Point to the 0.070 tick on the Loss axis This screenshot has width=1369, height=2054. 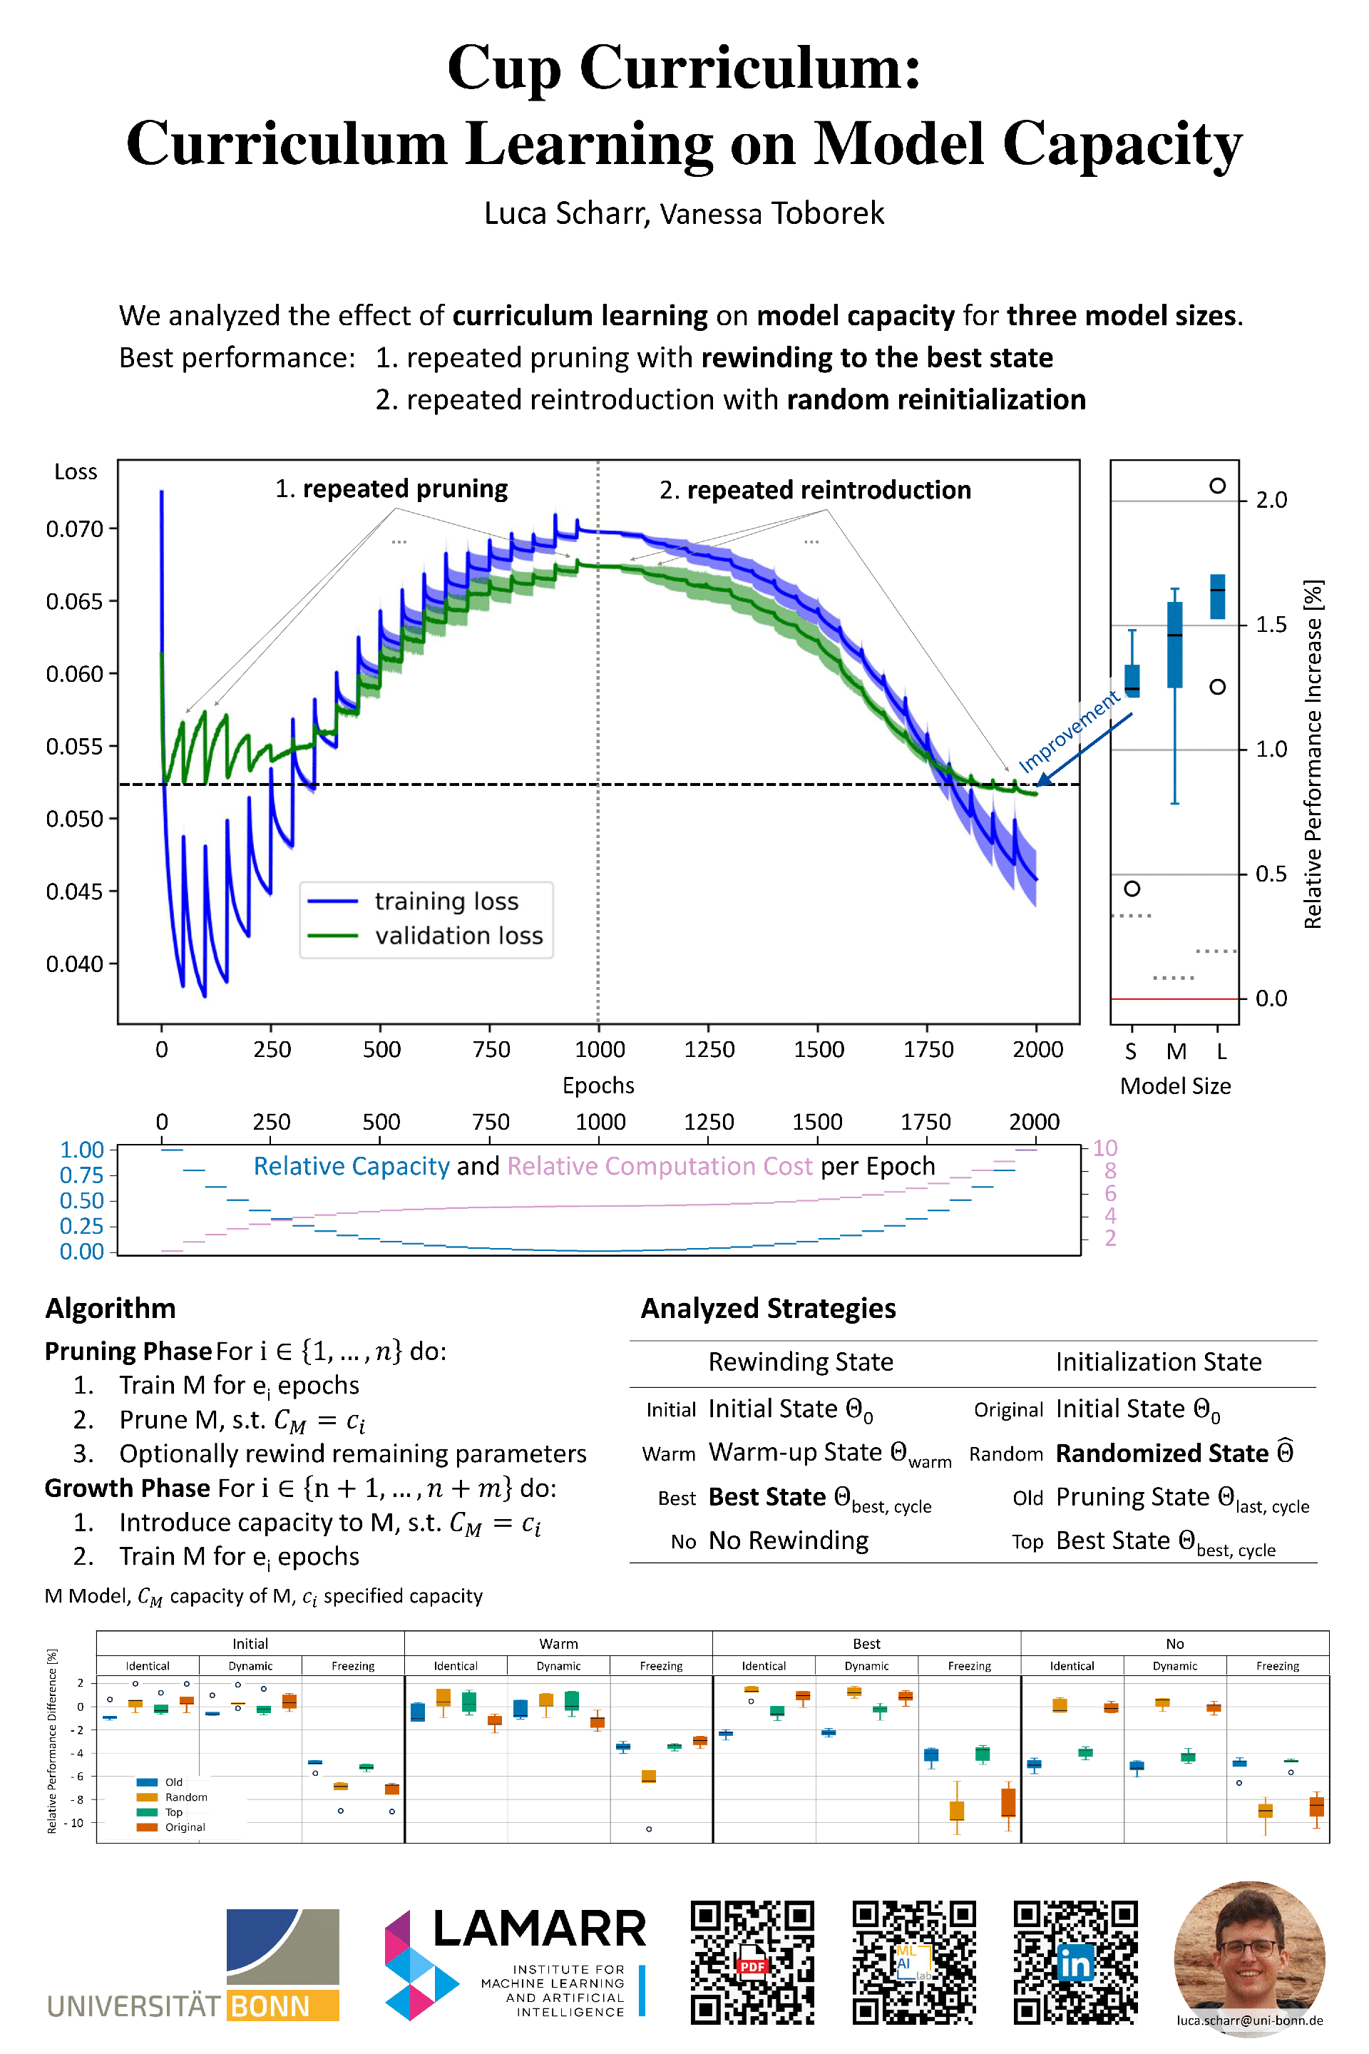pos(74,528)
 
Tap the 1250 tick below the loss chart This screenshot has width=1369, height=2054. pos(709,1049)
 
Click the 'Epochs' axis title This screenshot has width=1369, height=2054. pos(598,1085)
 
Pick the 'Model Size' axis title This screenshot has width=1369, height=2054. pos(1175,1085)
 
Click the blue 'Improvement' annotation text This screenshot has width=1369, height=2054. pos(1069,731)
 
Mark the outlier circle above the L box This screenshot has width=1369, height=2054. pos(1217,486)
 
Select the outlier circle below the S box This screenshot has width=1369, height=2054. pos(1132,888)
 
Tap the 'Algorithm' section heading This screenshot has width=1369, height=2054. pos(110,1308)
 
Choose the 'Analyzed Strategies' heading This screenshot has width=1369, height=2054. pos(769,1308)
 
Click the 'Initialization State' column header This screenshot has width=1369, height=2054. pos(1159,1361)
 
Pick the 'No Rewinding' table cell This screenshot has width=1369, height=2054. pos(789,1540)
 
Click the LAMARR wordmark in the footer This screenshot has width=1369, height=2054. pos(540,1929)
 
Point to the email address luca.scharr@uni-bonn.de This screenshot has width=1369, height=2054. pos(1249,2020)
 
